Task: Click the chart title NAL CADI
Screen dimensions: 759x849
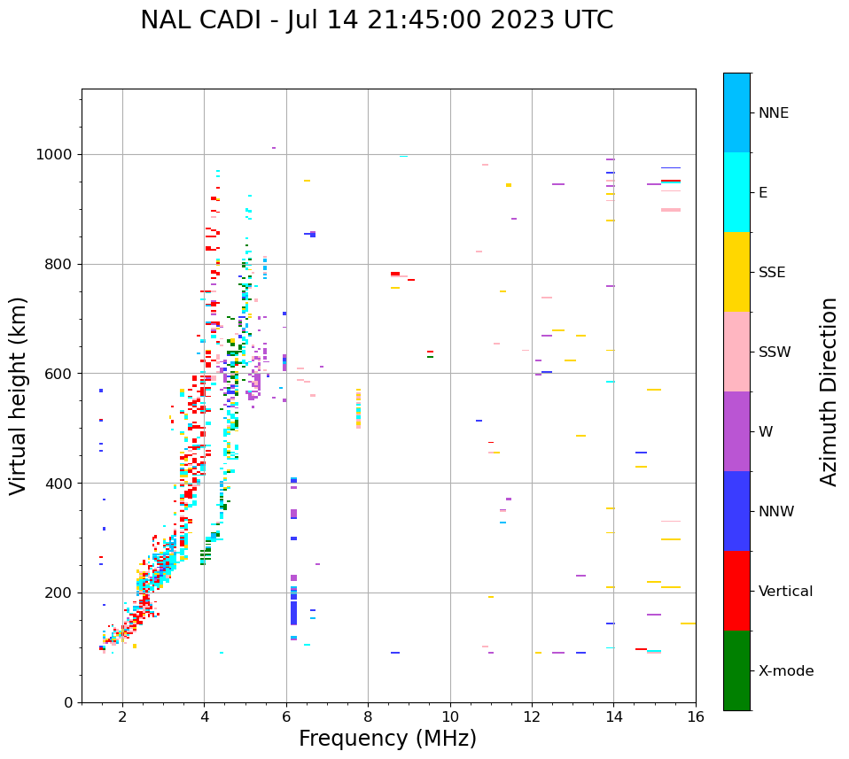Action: coord(376,20)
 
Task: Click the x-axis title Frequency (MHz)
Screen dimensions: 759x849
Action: coord(387,739)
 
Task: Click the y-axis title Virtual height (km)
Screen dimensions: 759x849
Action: coord(19,395)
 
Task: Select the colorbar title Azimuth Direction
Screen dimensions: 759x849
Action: coord(829,391)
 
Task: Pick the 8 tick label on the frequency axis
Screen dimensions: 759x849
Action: coord(368,716)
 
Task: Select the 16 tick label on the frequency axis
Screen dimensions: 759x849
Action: coord(696,716)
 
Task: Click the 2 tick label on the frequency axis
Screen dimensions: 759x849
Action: coord(122,716)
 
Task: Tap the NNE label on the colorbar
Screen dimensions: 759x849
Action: coord(773,113)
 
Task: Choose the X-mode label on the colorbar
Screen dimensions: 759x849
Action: coord(785,671)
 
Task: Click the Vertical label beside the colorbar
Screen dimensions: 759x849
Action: coord(785,592)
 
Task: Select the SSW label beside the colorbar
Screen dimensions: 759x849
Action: coord(775,352)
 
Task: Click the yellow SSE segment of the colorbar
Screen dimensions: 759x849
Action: coord(736,272)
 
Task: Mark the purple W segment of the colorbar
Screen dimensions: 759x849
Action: coord(736,431)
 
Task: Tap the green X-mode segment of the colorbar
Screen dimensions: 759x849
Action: coord(736,670)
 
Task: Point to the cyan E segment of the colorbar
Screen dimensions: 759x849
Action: coord(736,192)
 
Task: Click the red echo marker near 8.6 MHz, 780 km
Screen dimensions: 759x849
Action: coord(395,274)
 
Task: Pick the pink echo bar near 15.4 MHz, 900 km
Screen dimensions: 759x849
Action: coord(671,210)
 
